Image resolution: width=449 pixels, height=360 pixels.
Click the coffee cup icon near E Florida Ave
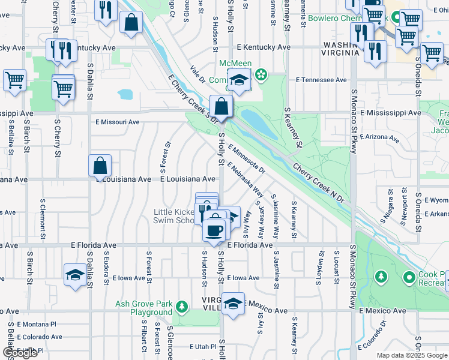click(x=214, y=230)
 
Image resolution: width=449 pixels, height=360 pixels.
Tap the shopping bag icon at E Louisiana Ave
click(x=100, y=166)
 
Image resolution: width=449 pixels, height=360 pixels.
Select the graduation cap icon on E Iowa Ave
click(x=75, y=275)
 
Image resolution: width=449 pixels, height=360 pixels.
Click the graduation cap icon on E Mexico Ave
click(x=233, y=304)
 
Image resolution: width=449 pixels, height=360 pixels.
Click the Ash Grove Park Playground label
click(x=143, y=308)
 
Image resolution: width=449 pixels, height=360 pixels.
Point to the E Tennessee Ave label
click(x=321, y=80)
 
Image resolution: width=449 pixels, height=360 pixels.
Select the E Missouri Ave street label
click(x=118, y=122)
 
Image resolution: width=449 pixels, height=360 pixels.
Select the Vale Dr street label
click(x=197, y=75)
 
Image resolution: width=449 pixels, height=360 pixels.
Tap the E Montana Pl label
click(x=37, y=324)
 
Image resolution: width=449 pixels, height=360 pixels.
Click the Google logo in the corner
click(x=20, y=353)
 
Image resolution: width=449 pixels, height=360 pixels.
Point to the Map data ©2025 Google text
click(x=411, y=355)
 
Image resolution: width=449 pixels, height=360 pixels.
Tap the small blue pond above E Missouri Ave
click(x=125, y=94)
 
